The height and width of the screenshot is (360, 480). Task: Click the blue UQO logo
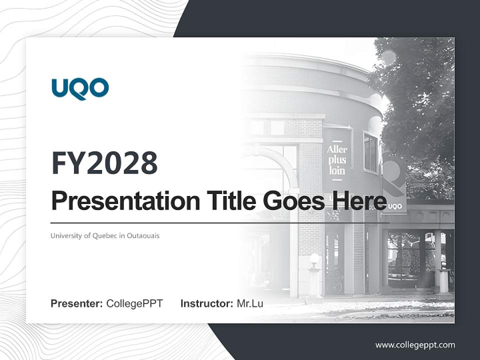80,88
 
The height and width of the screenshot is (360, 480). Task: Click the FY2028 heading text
104,163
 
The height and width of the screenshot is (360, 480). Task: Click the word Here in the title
358,201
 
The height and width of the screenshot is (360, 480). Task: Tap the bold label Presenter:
77,303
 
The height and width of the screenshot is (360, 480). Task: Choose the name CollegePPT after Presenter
134,303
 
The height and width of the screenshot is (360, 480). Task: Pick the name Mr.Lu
250,303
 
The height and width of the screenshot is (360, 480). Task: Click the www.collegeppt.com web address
415,345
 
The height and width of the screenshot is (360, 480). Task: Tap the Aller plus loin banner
337,159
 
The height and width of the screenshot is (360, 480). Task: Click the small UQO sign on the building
394,205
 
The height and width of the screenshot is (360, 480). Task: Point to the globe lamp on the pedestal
314,259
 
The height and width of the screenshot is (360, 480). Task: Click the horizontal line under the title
220,222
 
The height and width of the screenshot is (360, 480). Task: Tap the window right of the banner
370,152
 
